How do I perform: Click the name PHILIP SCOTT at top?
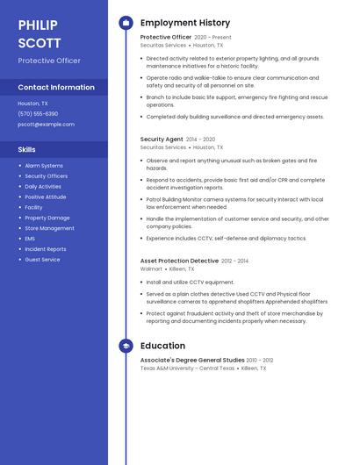(x=39, y=34)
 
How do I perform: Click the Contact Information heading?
(x=56, y=88)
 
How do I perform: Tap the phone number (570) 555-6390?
(x=38, y=114)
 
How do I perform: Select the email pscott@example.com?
(x=46, y=125)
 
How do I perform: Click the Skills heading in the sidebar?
(x=26, y=150)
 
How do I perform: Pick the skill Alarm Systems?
(x=44, y=166)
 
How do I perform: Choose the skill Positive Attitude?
(x=46, y=197)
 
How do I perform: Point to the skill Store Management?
(x=49, y=228)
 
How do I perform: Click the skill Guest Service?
(x=42, y=260)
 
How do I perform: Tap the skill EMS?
(x=30, y=239)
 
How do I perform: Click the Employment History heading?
(x=185, y=23)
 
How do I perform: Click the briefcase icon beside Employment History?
(x=126, y=23)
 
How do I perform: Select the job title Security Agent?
(x=162, y=139)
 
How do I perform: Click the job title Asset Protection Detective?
(x=179, y=261)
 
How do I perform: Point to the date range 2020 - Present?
(x=212, y=38)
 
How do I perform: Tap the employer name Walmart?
(x=152, y=270)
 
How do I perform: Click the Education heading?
(x=162, y=346)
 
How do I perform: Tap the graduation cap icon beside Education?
(x=126, y=346)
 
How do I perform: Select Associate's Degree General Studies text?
(x=192, y=360)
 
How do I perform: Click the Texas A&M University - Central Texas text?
(x=187, y=368)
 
